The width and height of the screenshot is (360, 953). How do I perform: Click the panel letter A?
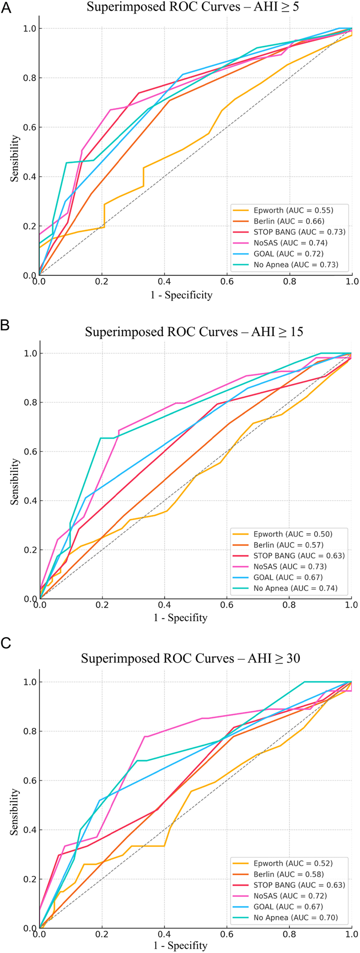(6, 8)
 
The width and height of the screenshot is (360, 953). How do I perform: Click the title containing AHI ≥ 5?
(193, 7)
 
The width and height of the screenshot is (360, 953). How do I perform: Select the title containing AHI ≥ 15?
(194, 332)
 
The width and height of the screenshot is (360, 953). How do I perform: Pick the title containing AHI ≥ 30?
(191, 658)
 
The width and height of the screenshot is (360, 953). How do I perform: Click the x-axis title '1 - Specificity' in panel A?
(181, 295)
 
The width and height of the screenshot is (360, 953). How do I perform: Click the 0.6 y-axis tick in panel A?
(30, 127)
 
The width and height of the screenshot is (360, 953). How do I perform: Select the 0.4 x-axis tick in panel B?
(165, 605)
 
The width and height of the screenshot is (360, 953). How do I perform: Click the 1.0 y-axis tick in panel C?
(30, 682)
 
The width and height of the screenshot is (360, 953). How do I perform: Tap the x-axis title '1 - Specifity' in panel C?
(180, 945)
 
